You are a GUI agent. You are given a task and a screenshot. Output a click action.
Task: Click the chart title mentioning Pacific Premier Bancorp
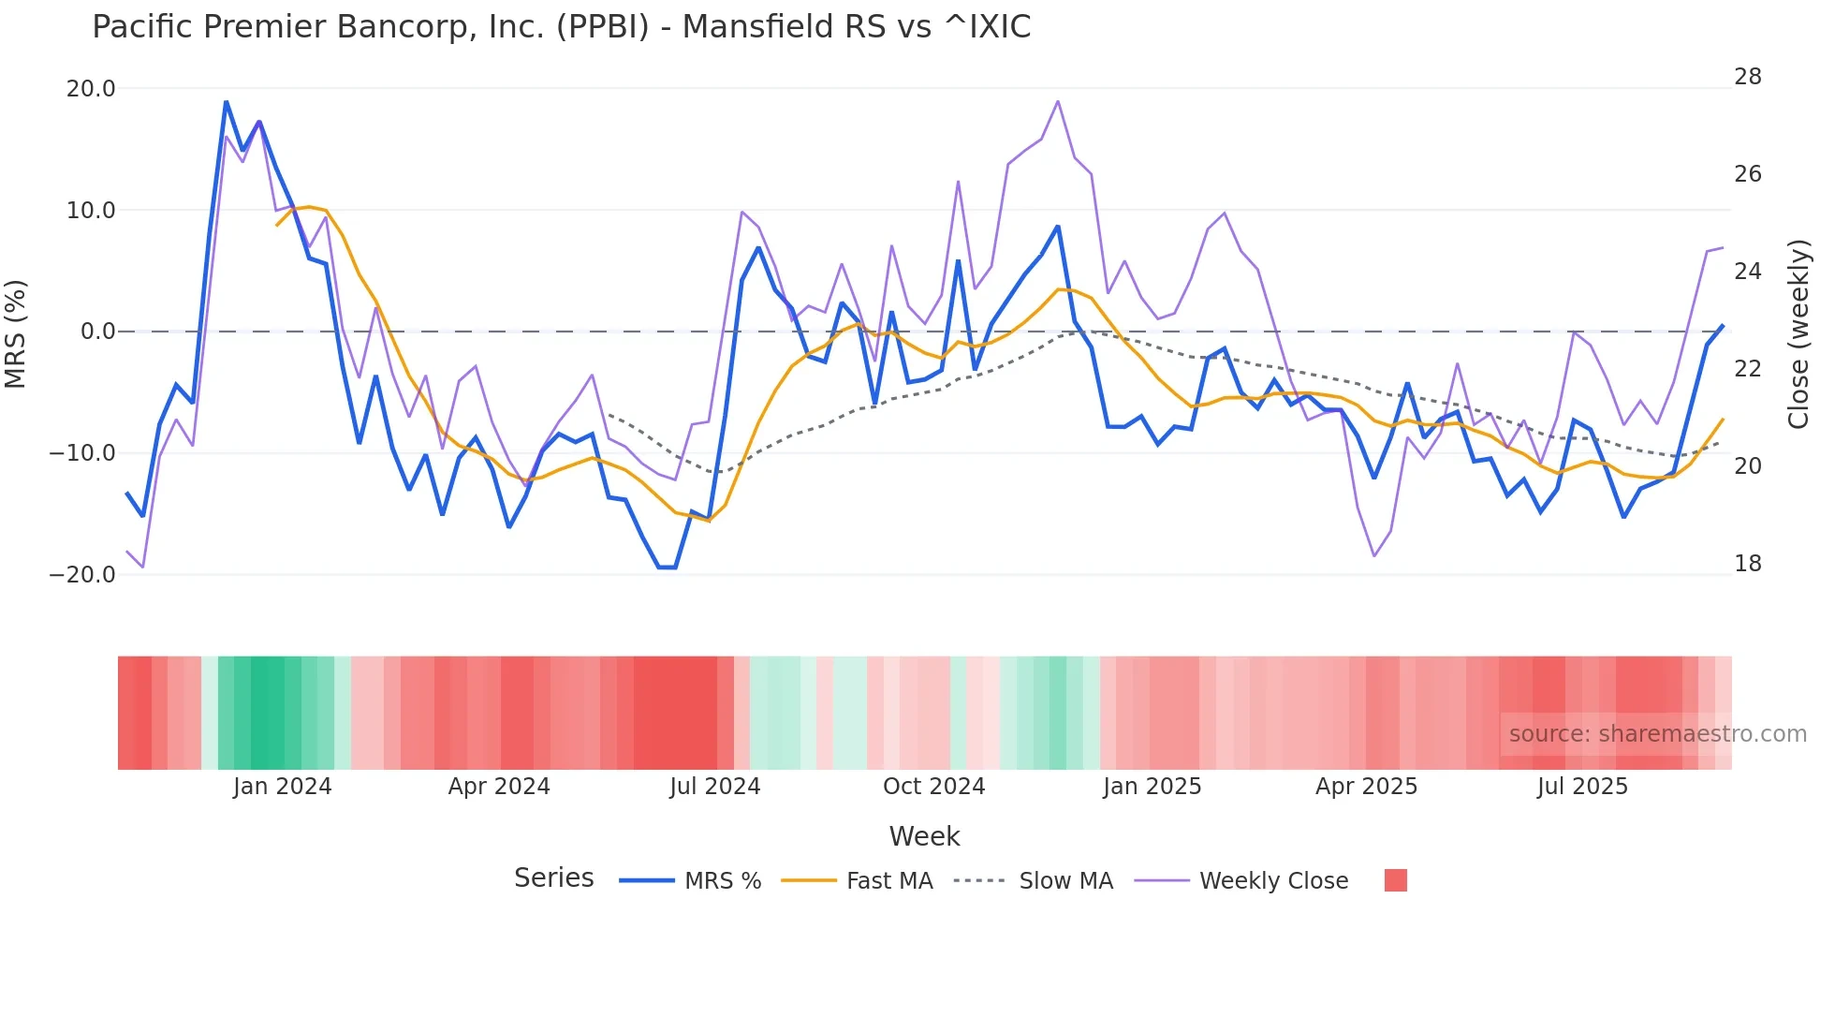click(561, 27)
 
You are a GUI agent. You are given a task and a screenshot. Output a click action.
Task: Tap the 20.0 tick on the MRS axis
click(91, 89)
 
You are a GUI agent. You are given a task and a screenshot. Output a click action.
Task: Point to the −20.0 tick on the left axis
click(82, 575)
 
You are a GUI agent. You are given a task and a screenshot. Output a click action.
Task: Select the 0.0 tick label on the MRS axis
click(98, 332)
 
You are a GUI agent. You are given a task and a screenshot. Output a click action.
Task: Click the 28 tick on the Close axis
click(1747, 77)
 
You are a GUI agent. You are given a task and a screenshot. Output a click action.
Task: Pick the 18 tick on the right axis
click(1747, 564)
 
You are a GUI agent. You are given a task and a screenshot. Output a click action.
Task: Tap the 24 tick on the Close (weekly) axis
click(1747, 272)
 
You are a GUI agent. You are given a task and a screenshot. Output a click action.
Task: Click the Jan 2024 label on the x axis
click(282, 787)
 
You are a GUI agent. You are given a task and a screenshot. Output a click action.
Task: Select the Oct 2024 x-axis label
click(933, 787)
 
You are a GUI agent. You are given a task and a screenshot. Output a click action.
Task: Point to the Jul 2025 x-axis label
click(1581, 787)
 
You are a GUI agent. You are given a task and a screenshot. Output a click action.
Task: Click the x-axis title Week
click(924, 836)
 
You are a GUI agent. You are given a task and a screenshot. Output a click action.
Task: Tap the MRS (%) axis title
click(16, 333)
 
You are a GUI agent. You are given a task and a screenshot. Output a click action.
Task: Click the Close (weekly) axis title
click(1798, 334)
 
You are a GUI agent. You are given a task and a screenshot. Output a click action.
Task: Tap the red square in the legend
click(1395, 880)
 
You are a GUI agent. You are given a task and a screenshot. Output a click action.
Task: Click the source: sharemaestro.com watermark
click(1657, 734)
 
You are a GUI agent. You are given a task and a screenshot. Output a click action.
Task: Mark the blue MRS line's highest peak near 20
click(226, 102)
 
